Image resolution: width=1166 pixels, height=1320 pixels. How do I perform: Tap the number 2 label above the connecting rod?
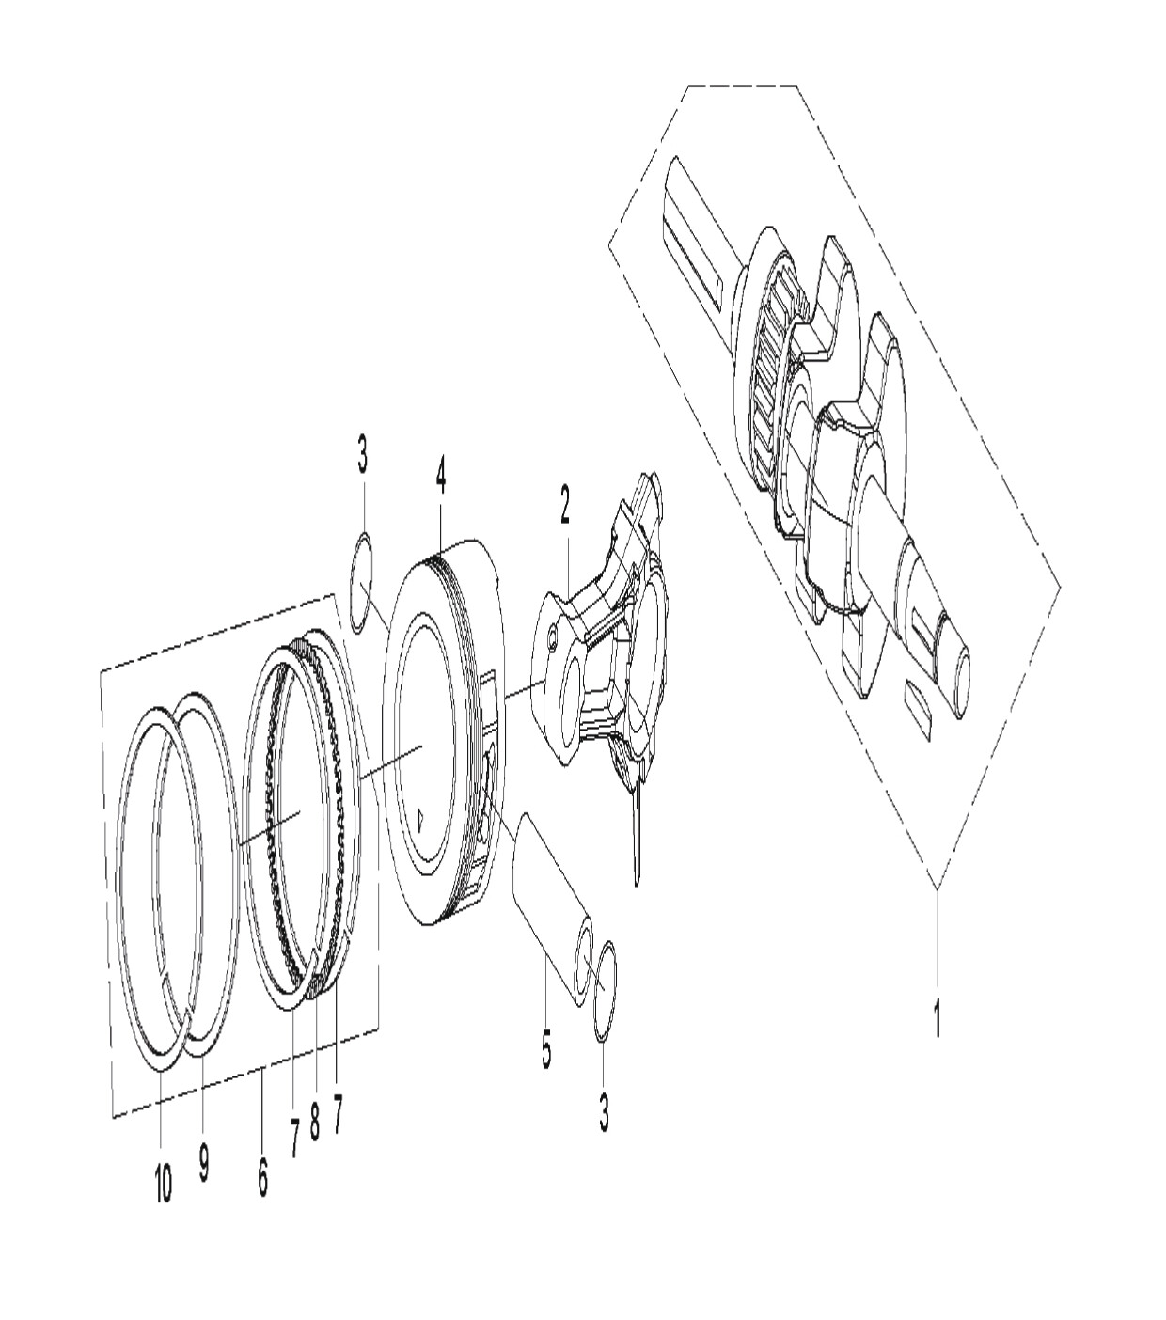pos(564,504)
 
